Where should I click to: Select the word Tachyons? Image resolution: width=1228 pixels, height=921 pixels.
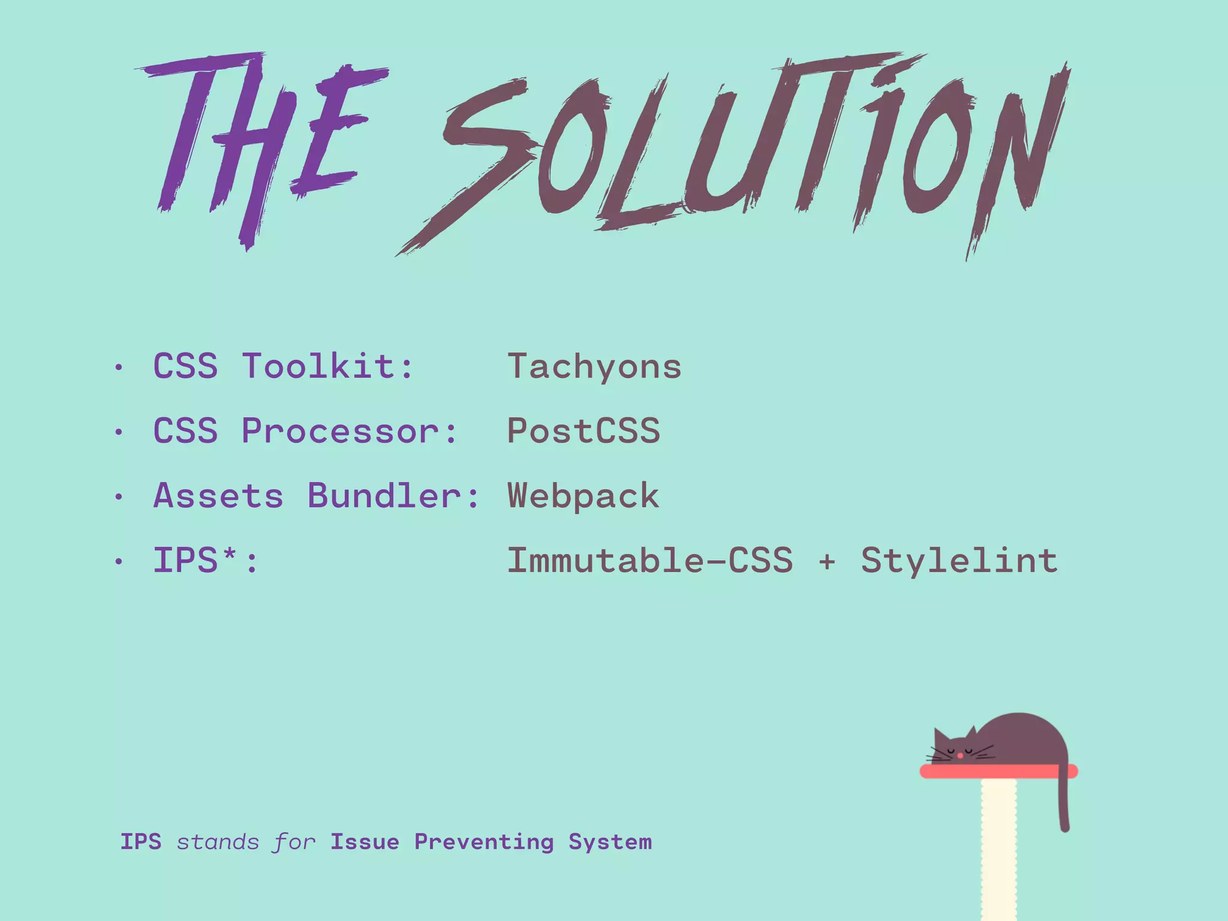click(x=594, y=367)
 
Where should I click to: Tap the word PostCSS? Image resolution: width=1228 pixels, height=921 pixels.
click(x=583, y=431)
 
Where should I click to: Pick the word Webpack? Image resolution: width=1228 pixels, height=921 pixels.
click(x=583, y=496)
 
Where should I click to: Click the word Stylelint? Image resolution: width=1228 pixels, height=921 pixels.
click(x=959, y=561)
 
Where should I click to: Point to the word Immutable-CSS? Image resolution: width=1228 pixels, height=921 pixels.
click(x=650, y=561)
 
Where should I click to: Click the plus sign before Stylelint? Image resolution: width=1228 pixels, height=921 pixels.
click(x=827, y=562)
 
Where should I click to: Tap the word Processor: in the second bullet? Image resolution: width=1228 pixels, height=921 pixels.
click(x=350, y=431)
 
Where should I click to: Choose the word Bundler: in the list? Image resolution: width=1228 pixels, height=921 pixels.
click(x=393, y=496)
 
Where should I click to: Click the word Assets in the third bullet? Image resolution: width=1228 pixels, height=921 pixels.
click(x=218, y=496)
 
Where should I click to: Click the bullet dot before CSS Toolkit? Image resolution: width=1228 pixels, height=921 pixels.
click(x=119, y=367)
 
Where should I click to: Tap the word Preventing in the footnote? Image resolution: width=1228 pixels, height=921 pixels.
click(x=484, y=842)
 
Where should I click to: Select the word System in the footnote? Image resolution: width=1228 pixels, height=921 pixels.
click(x=610, y=842)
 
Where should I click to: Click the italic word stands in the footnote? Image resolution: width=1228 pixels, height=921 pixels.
click(x=218, y=842)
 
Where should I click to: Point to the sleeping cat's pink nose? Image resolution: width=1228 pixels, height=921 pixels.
click(x=960, y=756)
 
